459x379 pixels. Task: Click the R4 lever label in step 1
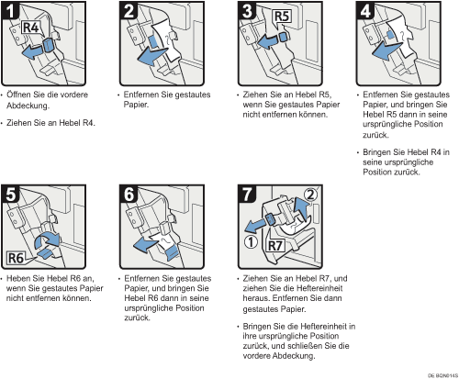click(x=31, y=28)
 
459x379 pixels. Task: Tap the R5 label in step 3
click(x=282, y=17)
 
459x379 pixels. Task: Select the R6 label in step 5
click(x=16, y=258)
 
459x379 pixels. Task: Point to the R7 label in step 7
click(x=275, y=245)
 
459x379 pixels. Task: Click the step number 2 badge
click(x=129, y=11)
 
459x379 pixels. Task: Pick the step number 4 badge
click(x=365, y=11)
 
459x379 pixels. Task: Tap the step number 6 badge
click(x=129, y=194)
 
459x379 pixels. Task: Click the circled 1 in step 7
click(x=251, y=242)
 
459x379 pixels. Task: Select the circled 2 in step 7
click(x=310, y=195)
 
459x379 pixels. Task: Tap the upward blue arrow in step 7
click(x=300, y=208)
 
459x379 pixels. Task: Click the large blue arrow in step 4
click(x=386, y=51)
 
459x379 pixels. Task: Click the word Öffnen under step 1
click(x=18, y=95)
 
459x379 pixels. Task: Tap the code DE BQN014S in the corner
click(x=442, y=375)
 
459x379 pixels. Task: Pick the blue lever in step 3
click(x=283, y=37)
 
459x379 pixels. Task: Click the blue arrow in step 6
click(x=145, y=245)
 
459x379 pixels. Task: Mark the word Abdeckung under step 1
click(x=28, y=106)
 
